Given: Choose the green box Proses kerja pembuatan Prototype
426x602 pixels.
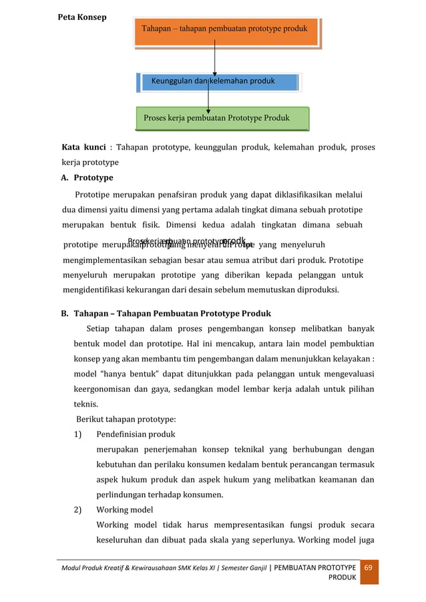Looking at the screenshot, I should tap(222, 118).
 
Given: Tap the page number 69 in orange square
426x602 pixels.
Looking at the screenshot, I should tap(369, 567).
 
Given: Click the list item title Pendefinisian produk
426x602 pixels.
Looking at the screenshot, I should tap(136, 434).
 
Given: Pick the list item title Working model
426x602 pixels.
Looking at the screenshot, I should tap(125, 510).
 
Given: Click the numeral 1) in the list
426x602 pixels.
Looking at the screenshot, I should tap(78, 434).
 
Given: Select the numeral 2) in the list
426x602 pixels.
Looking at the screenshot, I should tap(78, 510).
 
